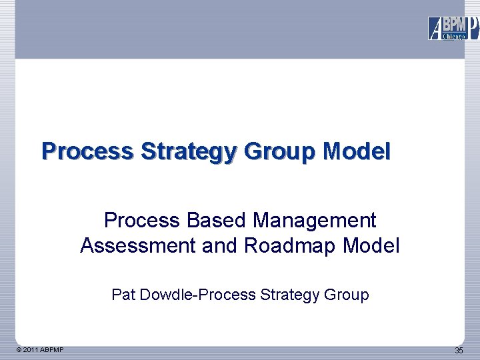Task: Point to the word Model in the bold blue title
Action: click(x=357, y=151)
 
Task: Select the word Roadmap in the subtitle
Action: click(x=291, y=247)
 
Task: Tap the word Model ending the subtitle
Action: click(x=371, y=247)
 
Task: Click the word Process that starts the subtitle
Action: click(x=142, y=220)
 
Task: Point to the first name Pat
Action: click(x=123, y=295)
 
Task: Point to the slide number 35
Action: click(x=459, y=351)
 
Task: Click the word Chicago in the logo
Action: click(x=454, y=37)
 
